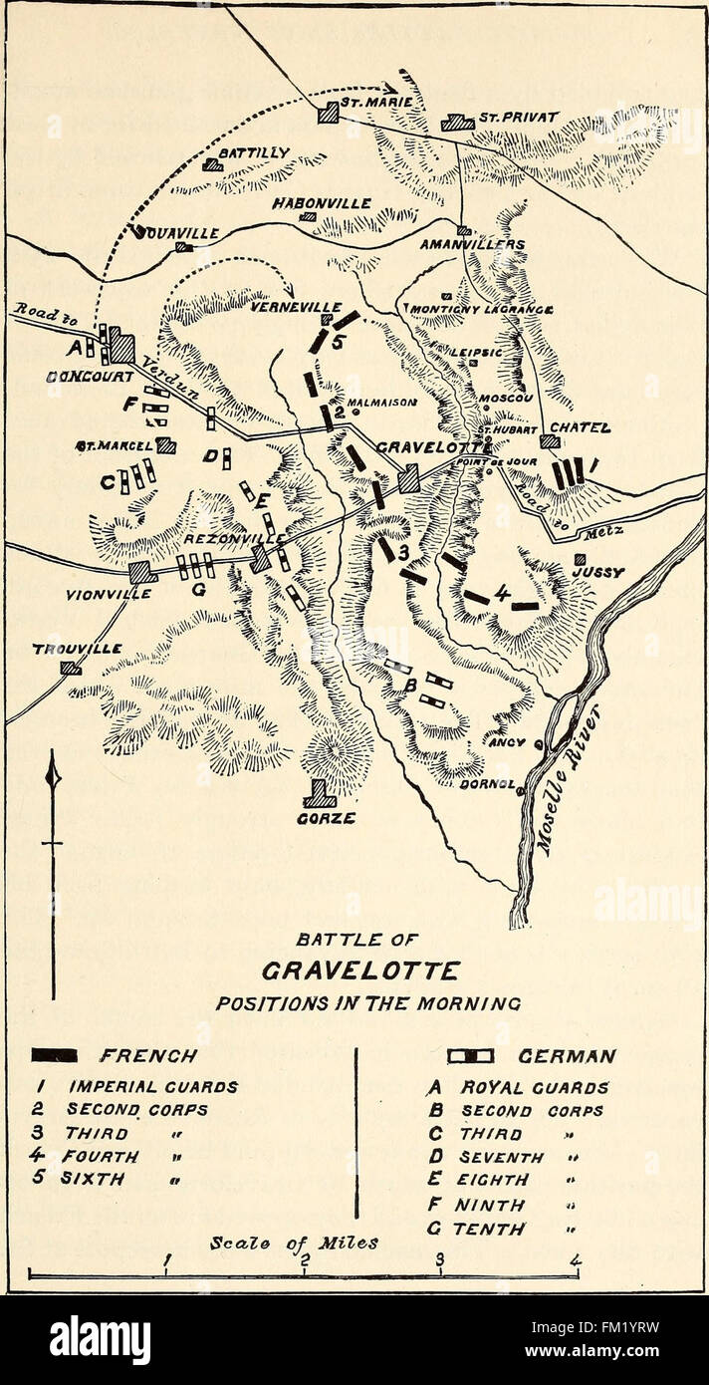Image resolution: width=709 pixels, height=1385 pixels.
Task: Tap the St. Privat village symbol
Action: (x=458, y=122)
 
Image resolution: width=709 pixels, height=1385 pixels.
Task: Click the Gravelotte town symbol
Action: (x=408, y=479)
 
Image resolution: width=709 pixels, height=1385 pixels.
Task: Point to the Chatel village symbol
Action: (x=550, y=441)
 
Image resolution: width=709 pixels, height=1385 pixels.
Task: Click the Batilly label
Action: (x=253, y=152)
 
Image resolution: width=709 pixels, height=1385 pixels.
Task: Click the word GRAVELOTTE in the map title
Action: (x=361, y=969)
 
